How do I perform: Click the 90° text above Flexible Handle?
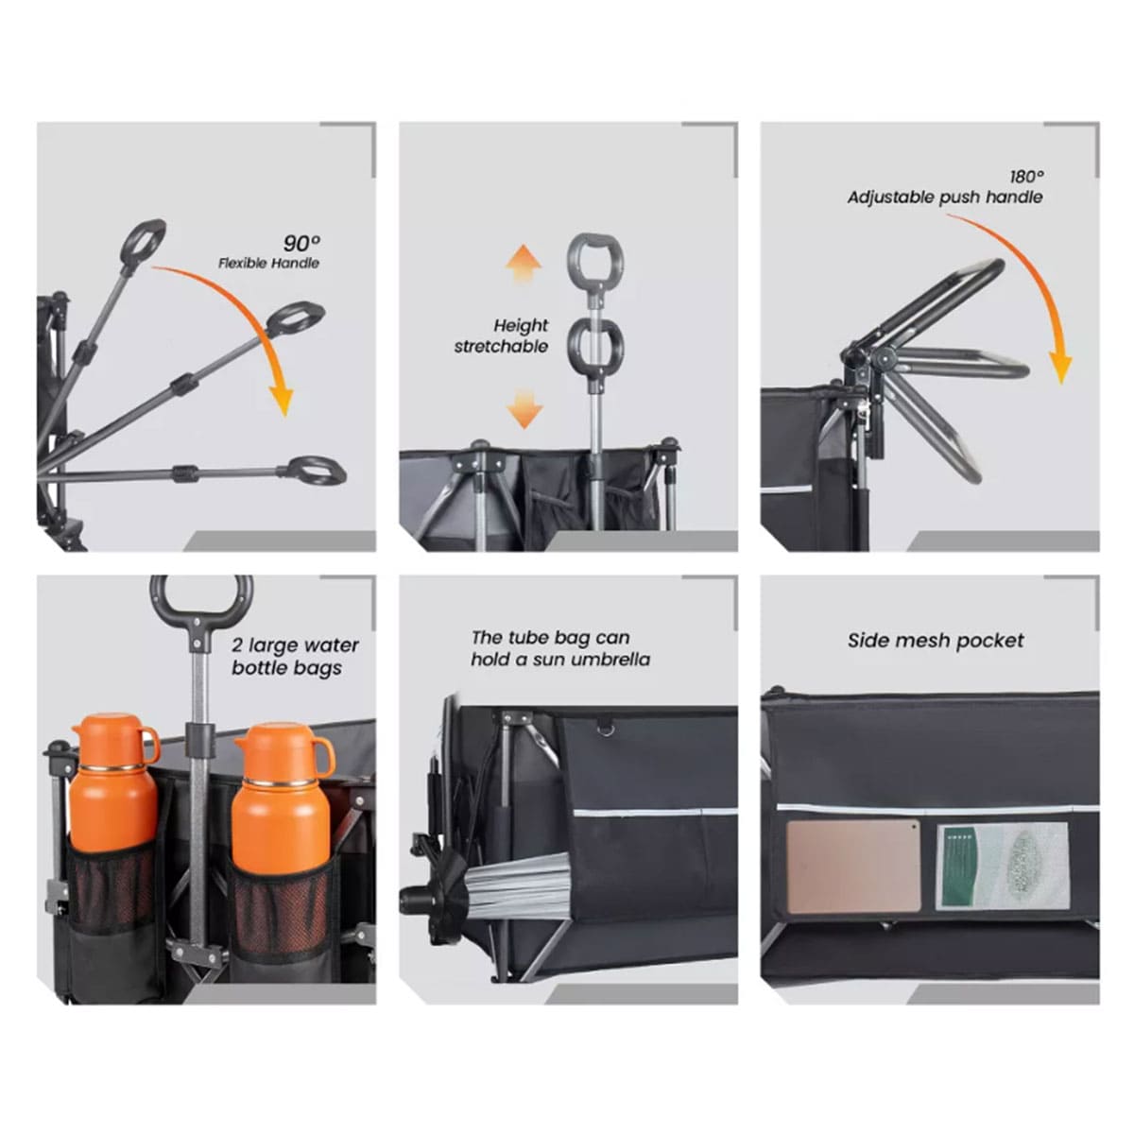[x=301, y=243]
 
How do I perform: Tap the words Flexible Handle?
[x=269, y=263]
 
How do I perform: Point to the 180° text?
[x=1027, y=177]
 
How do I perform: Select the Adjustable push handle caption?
[x=944, y=198]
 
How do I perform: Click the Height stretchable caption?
[x=501, y=335]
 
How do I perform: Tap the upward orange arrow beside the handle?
[x=524, y=265]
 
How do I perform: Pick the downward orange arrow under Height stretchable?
[x=524, y=408]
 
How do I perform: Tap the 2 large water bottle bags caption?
[x=294, y=657]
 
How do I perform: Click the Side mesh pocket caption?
[x=936, y=641]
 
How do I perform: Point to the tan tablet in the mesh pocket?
[x=853, y=866]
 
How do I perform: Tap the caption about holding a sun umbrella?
[x=560, y=648]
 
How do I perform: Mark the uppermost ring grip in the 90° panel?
[x=143, y=242]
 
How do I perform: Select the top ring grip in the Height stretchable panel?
[x=595, y=259]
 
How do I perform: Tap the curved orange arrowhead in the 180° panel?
[x=1061, y=369]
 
